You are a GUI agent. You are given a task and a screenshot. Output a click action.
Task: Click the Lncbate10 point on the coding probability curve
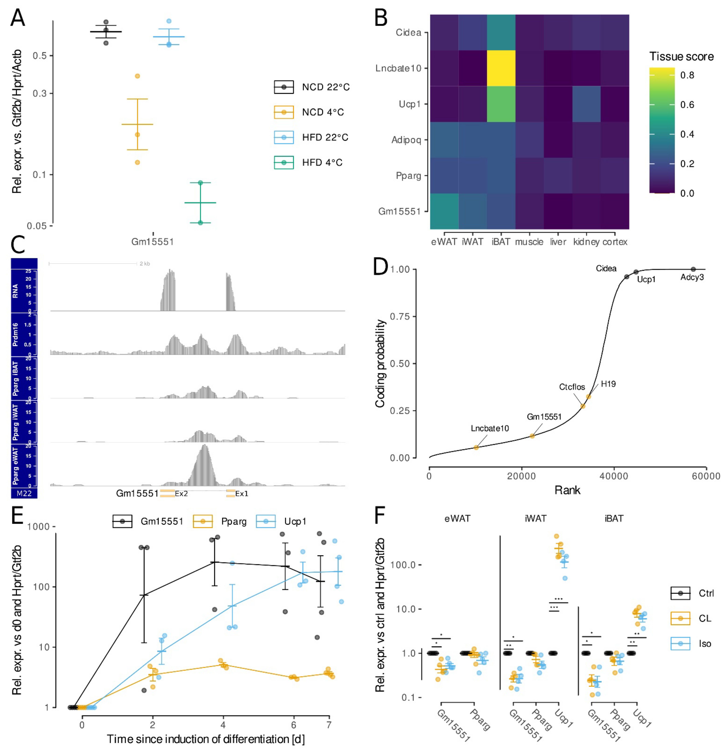tap(476, 447)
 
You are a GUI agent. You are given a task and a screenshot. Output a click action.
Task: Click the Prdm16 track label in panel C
tap(15, 334)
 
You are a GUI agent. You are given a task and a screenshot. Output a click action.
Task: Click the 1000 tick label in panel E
tap(38, 527)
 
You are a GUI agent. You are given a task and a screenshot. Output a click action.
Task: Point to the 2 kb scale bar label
tap(145, 264)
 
